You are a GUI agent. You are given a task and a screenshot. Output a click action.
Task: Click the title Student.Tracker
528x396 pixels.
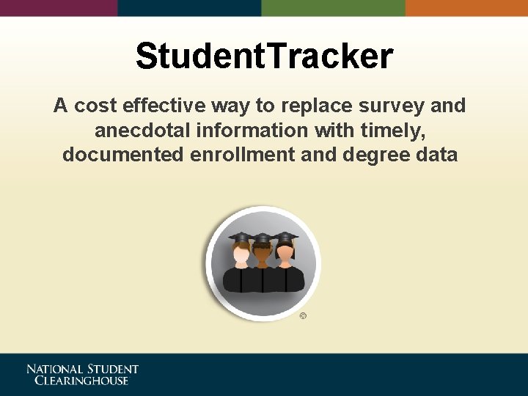click(264, 56)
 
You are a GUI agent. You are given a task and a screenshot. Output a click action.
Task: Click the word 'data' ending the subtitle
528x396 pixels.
click(436, 155)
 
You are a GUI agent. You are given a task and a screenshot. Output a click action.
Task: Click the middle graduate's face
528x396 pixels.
click(263, 255)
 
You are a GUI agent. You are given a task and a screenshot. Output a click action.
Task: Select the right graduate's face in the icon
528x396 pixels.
click(285, 254)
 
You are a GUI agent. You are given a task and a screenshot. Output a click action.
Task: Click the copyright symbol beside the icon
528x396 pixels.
click(304, 316)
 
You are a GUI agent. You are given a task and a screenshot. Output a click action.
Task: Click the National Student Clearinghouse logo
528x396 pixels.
click(82, 374)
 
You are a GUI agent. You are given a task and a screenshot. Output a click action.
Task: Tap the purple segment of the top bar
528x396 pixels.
click(59, 7)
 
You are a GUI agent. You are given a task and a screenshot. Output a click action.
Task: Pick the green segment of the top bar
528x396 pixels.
click(334, 7)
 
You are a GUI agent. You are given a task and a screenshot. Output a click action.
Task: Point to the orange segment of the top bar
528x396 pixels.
click(466, 7)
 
